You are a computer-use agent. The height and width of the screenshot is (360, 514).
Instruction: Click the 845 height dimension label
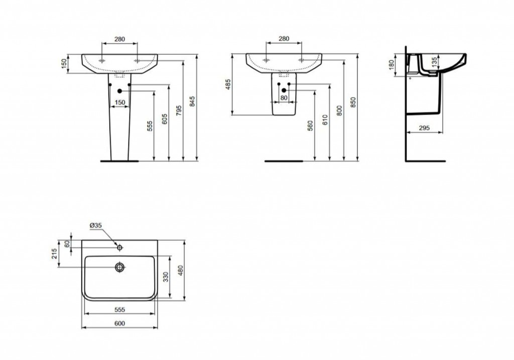coord(192,101)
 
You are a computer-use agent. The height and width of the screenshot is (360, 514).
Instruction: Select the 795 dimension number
coord(179,110)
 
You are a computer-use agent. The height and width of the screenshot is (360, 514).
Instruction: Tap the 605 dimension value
coord(165,119)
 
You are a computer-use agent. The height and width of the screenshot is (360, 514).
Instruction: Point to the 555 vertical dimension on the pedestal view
coord(150,126)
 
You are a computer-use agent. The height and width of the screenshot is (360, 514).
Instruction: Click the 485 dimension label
coord(228,84)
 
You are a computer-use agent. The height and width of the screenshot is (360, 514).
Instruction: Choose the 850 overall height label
coord(353,102)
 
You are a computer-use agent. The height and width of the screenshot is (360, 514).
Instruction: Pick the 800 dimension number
coord(339,110)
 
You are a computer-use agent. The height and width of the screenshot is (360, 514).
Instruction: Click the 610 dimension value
coord(325,119)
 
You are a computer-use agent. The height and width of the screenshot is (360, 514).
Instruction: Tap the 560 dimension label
coord(310,126)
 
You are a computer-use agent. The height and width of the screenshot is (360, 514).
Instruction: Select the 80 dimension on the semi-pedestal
coord(284,98)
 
